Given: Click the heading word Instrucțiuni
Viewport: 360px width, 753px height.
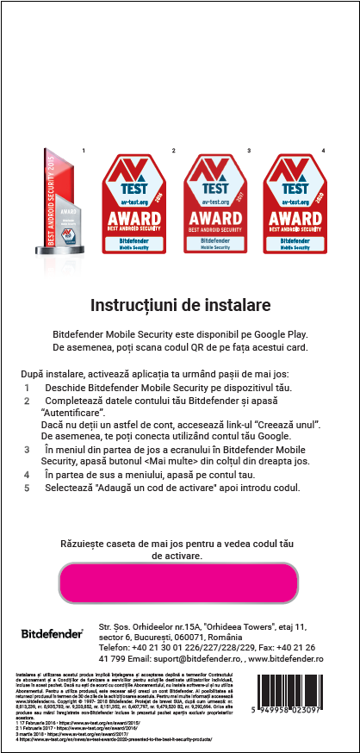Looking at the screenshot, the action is pyautogui.click(x=133, y=305).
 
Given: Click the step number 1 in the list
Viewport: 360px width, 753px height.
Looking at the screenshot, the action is pyautogui.click(x=26, y=389).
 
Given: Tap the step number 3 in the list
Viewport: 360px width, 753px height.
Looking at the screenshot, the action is pyautogui.click(x=26, y=450).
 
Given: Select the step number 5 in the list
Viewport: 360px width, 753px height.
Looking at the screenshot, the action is pyautogui.click(x=26, y=488).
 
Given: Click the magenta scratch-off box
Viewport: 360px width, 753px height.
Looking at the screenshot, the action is pyautogui.click(x=179, y=582).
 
